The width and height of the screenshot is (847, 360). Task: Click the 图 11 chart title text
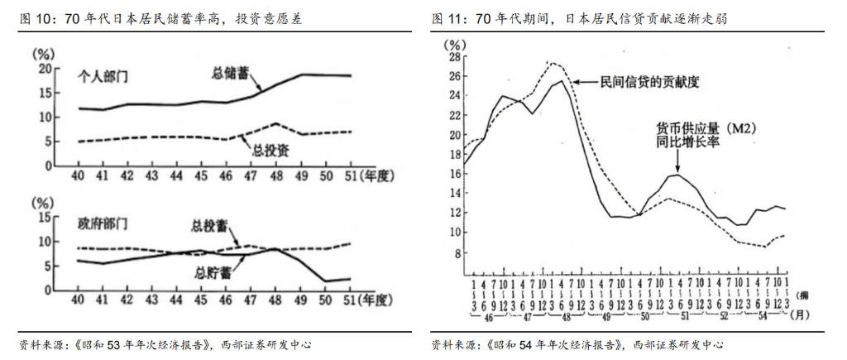[579, 18]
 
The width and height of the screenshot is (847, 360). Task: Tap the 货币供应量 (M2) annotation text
[706, 129]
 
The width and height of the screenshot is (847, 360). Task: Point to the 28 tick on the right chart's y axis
[453, 58]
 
